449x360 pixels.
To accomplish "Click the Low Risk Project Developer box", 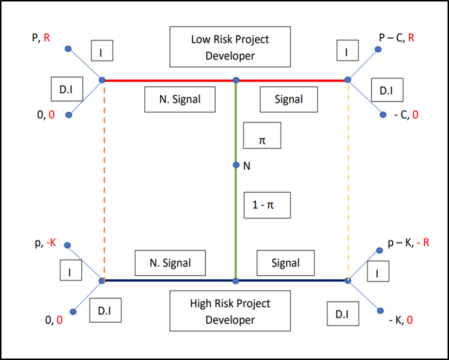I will pos(230,47).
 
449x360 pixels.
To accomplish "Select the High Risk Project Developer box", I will pos(230,311).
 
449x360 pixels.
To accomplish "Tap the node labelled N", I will pos(236,165).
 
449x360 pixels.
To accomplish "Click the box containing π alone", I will pos(262,135).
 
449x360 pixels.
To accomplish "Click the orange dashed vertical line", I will pos(104,179).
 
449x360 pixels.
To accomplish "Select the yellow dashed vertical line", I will pos(348,179).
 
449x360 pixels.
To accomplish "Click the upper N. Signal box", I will pos(180,100).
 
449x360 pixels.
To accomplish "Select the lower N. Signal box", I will pos(170,263).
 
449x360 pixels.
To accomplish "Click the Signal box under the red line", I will pos(289,100).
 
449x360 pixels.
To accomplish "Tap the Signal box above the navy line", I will pos(286,263).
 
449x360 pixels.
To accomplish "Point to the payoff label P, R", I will pos(40,37).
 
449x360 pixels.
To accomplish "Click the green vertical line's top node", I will pos(236,80).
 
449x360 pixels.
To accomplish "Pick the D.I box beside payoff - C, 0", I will pos(386,90).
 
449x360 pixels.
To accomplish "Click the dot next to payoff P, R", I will pos(68,49).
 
